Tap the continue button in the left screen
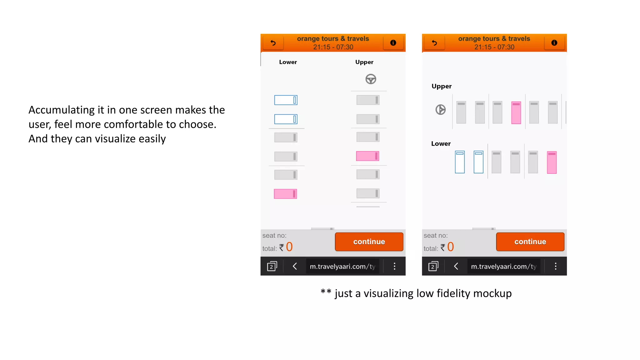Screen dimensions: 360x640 [x=369, y=242]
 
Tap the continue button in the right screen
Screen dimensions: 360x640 [x=530, y=242]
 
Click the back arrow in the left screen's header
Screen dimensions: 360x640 [x=273, y=43]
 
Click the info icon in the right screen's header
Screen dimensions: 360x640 [x=554, y=43]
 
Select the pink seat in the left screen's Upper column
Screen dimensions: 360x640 [x=367, y=156]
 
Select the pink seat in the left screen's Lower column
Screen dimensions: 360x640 [x=285, y=194]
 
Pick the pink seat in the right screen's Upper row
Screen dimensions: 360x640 [x=516, y=112]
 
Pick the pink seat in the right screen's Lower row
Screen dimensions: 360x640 [x=552, y=162]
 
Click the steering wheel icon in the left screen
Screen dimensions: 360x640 [x=371, y=79]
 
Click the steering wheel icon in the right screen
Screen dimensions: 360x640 [x=440, y=110]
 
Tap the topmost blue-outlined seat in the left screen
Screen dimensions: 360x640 [x=286, y=100]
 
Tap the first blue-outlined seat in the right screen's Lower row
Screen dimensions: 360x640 [x=460, y=162]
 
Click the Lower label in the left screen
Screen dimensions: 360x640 [x=288, y=62]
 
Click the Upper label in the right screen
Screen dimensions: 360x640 [x=441, y=86]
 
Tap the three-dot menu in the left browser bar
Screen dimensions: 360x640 [x=394, y=266]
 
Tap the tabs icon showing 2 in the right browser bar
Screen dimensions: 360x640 [x=433, y=266]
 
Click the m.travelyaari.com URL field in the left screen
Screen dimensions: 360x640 [x=342, y=266]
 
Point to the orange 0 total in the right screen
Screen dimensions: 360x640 [x=450, y=247]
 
